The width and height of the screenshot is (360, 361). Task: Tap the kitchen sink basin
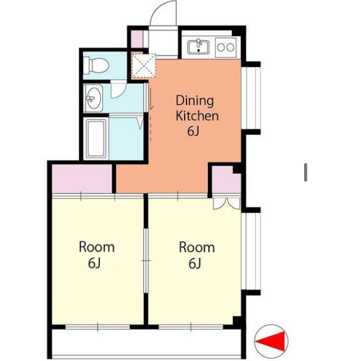point(198,47)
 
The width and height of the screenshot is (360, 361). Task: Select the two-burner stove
point(226,48)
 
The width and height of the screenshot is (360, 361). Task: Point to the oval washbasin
point(94,98)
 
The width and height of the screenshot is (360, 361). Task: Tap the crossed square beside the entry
point(144,65)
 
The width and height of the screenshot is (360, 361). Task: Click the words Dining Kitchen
point(197,108)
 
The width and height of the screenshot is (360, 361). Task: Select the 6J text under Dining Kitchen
point(193,131)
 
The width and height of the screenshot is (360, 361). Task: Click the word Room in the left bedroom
point(96,247)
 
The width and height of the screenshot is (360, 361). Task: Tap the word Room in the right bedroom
point(197,247)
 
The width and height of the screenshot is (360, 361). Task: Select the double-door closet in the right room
point(226,203)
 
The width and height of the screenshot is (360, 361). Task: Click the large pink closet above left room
point(82,178)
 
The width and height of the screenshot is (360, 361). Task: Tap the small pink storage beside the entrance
point(137,39)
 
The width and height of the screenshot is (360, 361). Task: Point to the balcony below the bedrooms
point(146,343)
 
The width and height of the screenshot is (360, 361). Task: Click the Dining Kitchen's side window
point(252,98)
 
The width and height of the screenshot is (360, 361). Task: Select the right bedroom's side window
point(252,251)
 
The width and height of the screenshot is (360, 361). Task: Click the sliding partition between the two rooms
point(146,260)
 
